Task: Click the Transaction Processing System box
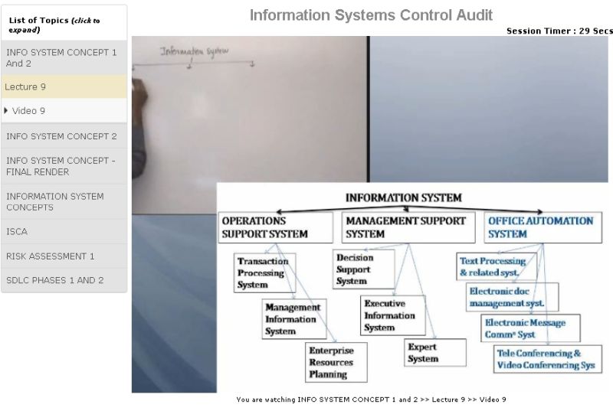[264, 272]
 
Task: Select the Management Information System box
[292, 318]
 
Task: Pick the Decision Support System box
[363, 269]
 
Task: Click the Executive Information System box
[393, 315]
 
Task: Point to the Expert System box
[434, 352]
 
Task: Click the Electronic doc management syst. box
[511, 297]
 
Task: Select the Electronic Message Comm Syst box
[529, 328]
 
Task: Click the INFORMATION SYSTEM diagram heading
[403, 197]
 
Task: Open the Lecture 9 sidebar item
[64, 86]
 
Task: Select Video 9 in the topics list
[64, 111]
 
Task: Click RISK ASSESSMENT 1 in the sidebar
[64, 256]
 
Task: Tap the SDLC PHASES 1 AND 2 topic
[64, 280]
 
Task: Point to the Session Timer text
[559, 31]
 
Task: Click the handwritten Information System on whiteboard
[194, 52]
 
